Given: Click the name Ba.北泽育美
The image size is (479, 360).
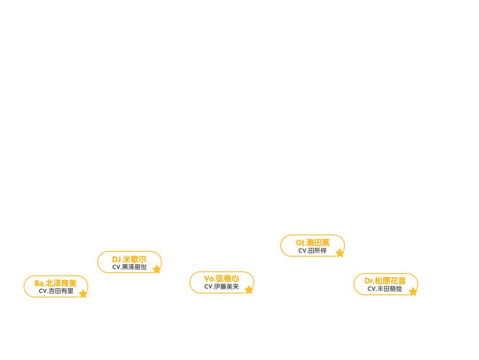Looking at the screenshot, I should click(x=55, y=283).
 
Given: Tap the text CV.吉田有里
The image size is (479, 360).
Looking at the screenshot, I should click(x=56, y=291).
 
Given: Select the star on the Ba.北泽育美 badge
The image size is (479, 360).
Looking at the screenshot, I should click(x=83, y=294).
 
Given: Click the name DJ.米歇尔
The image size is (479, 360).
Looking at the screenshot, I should click(x=129, y=259).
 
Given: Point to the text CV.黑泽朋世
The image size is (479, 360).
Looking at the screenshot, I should click(x=129, y=267).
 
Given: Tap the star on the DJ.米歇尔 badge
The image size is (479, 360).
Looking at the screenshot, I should click(x=157, y=270).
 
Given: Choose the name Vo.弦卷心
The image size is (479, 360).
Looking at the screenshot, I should click(x=221, y=279).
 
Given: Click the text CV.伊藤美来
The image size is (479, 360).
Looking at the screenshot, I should click(x=221, y=287).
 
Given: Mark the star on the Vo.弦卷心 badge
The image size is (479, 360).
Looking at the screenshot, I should click(x=249, y=290).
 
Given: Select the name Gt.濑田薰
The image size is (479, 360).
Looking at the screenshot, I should click(x=313, y=243).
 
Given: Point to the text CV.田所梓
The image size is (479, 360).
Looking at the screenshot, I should click(x=312, y=251).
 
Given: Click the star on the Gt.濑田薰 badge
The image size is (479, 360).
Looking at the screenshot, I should click(x=340, y=253).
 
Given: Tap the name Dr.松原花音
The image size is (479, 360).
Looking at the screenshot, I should click(x=385, y=281).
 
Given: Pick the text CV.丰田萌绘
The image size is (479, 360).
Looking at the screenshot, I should click(x=385, y=289).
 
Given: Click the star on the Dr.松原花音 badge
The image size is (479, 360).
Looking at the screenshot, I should click(x=413, y=292).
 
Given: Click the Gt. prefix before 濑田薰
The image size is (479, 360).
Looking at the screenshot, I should click(x=301, y=243).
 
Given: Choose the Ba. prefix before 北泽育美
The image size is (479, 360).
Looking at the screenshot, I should click(x=40, y=283).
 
